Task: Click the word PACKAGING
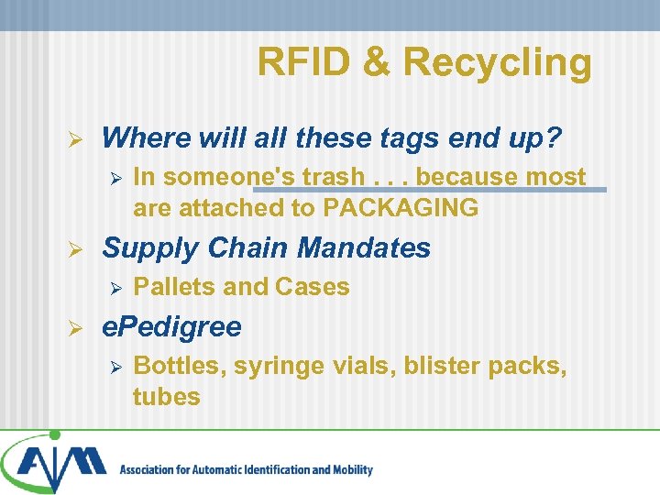click(401, 208)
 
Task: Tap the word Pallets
click(174, 287)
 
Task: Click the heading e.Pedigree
click(171, 327)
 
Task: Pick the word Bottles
click(179, 367)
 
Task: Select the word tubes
click(166, 397)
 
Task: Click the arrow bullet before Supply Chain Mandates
click(79, 248)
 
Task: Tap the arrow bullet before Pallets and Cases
click(115, 288)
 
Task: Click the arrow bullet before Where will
click(79, 138)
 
